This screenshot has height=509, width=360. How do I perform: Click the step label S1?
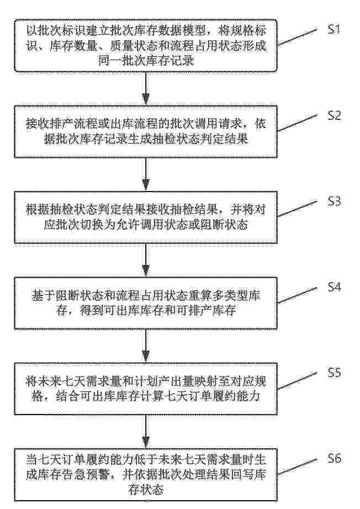click(x=333, y=30)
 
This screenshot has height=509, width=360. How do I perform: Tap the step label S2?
click(x=334, y=115)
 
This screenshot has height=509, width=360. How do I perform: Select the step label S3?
click(x=334, y=202)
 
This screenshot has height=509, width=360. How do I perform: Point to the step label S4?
click(x=334, y=287)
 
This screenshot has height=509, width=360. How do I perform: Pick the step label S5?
click(x=334, y=372)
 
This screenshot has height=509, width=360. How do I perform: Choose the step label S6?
click(x=334, y=458)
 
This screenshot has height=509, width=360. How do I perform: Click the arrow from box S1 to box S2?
click(x=146, y=88)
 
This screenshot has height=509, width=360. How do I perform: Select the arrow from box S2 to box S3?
click(x=146, y=174)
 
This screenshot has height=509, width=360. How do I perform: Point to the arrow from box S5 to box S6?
click(x=146, y=431)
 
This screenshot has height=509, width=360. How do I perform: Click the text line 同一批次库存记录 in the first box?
click(x=146, y=61)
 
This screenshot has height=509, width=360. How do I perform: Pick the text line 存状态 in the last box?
click(x=146, y=489)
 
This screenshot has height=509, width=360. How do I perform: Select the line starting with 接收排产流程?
click(x=146, y=124)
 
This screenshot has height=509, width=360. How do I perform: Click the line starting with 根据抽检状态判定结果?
click(x=146, y=210)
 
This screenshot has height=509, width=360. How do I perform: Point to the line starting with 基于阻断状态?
click(x=146, y=296)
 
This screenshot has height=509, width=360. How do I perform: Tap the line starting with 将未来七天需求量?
click(x=146, y=381)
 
